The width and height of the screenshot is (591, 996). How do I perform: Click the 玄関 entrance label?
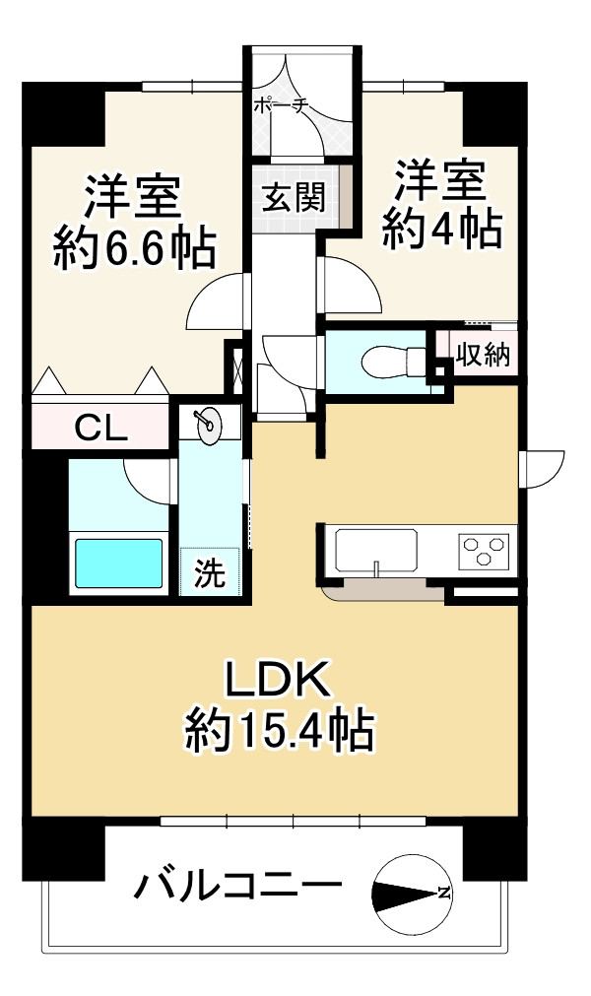(294, 198)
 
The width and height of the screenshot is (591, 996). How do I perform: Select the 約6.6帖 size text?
(135, 247)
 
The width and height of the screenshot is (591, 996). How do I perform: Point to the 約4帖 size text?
(442, 229)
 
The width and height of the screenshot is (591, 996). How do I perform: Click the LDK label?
(280, 681)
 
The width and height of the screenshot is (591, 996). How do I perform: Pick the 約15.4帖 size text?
(280, 731)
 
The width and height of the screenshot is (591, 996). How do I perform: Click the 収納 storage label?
(484, 355)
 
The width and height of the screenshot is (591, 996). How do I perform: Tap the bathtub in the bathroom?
(119, 564)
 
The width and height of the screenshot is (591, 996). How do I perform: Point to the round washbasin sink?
(210, 423)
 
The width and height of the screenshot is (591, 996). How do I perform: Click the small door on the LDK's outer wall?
(542, 469)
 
